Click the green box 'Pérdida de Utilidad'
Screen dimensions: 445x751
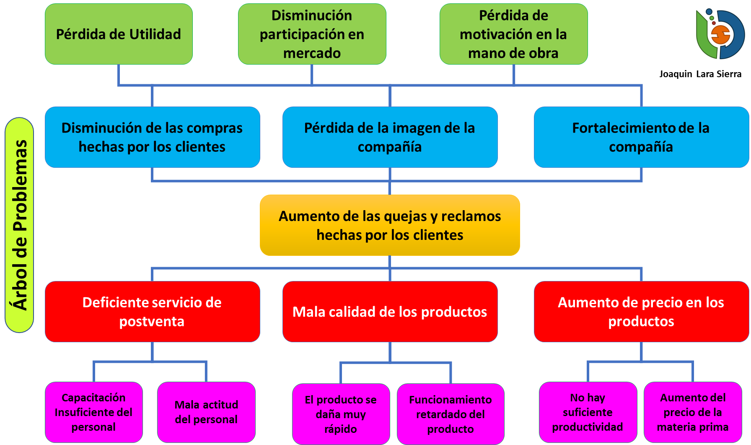pos(119,34)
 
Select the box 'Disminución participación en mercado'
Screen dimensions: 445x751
pos(312,34)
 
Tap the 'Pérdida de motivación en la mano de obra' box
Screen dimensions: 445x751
pos(513,34)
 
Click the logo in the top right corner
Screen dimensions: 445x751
pos(720,34)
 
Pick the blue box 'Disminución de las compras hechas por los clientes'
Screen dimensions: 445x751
pos(152,137)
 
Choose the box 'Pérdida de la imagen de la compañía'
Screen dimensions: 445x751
pos(390,137)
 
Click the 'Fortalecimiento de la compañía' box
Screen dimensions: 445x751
pos(641,137)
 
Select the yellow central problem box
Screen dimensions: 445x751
pos(390,225)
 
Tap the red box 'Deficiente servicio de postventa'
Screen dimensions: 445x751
pos(152,312)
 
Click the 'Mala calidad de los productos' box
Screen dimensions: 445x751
pos(390,312)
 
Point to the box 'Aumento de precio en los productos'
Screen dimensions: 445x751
pos(641,312)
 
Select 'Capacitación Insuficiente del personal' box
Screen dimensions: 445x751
pos(93,412)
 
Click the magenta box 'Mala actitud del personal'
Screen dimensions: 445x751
pos(206,412)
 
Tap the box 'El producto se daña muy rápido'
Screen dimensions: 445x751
pos(341,414)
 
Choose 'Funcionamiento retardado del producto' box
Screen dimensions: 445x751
pos(451,414)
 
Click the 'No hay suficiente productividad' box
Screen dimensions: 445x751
pos(588,412)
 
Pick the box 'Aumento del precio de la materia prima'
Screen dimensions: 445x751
pos(693,412)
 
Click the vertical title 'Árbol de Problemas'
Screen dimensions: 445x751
pos(19,225)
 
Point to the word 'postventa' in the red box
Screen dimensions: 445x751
pos(152,322)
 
